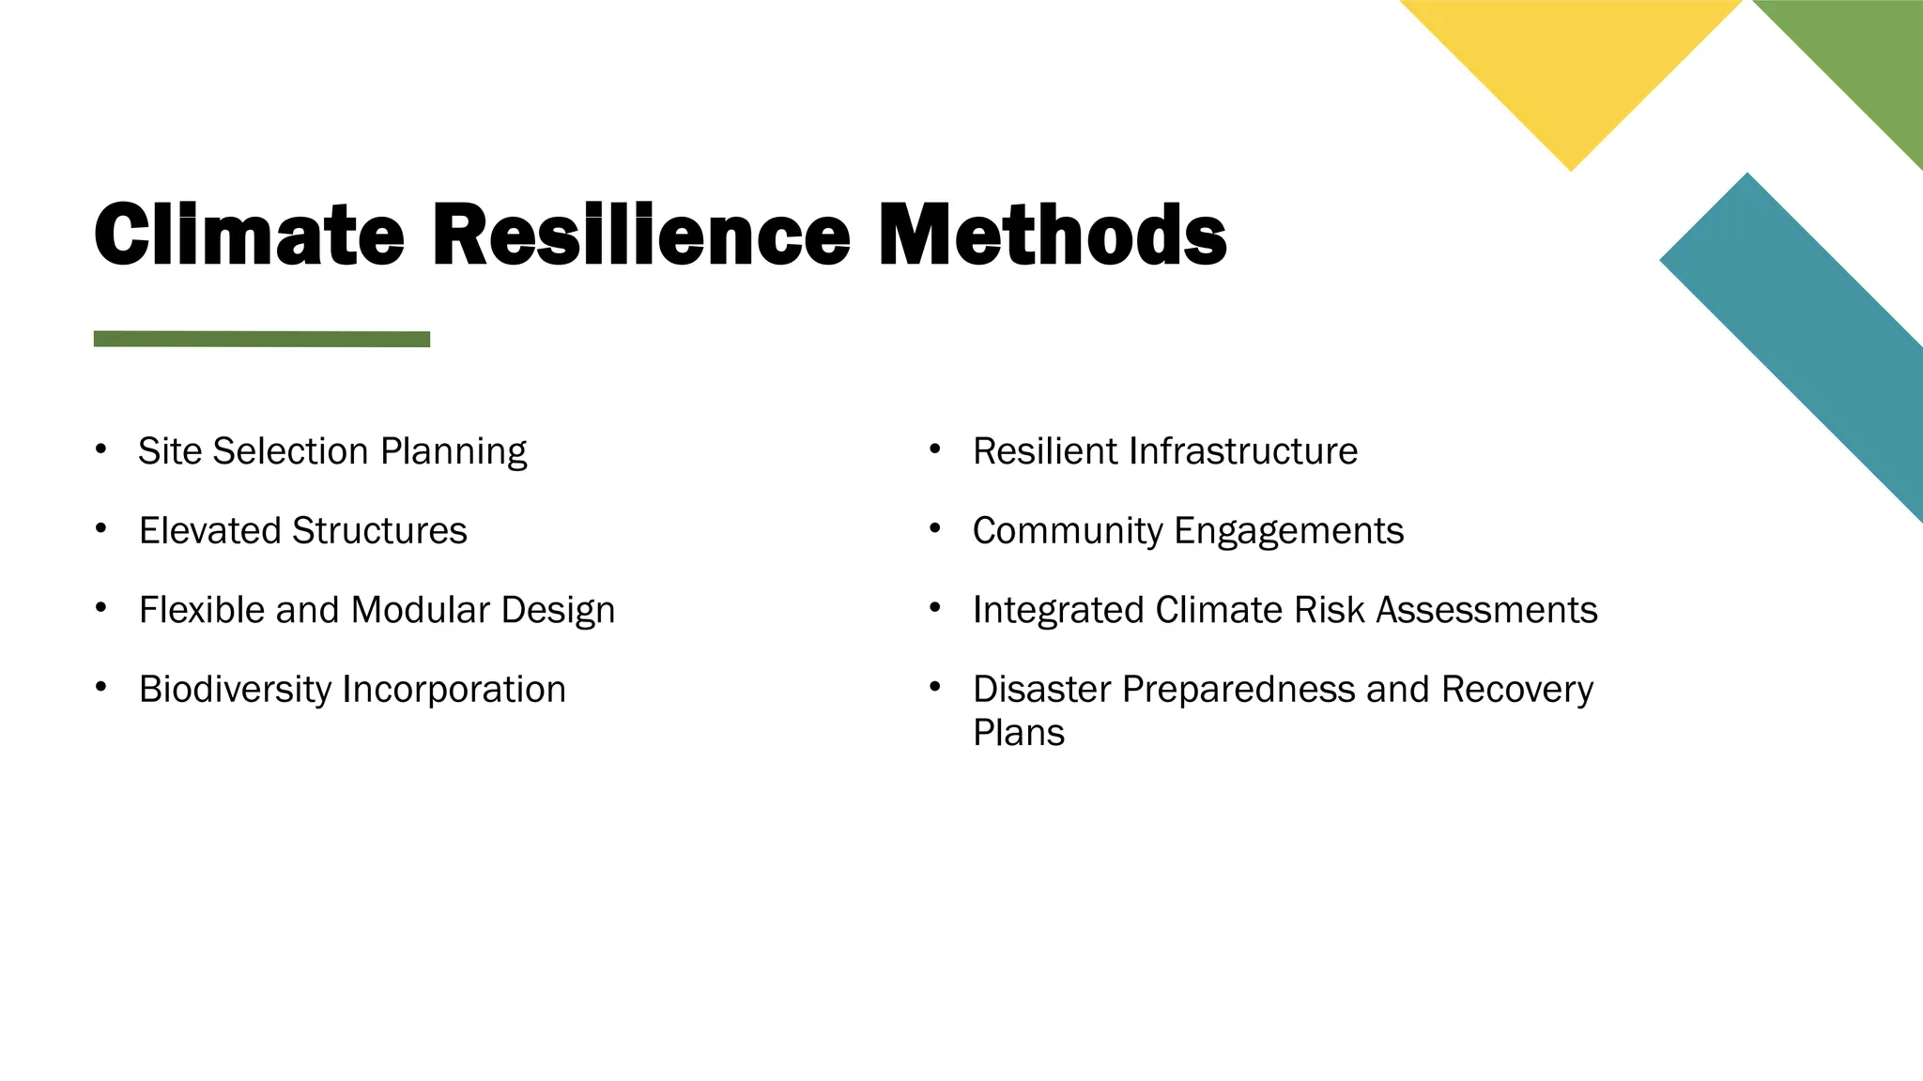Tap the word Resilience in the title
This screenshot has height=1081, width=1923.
[x=641, y=235]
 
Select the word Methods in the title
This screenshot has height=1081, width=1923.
[x=1052, y=235]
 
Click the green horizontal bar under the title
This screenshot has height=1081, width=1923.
[x=262, y=339]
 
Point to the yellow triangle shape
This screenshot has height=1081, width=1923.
[x=1571, y=66]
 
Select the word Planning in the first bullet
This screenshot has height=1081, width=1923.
[x=454, y=452]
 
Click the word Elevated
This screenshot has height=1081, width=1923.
[x=210, y=531]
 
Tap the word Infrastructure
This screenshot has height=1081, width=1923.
[x=1243, y=451]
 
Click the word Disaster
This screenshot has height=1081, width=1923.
[x=1042, y=690]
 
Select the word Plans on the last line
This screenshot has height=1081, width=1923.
[x=1019, y=733]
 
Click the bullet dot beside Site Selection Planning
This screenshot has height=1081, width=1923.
[x=100, y=449]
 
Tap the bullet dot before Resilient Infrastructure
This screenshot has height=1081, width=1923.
[x=935, y=449]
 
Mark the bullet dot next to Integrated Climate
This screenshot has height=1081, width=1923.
[x=935, y=608]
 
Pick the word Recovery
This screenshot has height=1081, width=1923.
[x=1517, y=690]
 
